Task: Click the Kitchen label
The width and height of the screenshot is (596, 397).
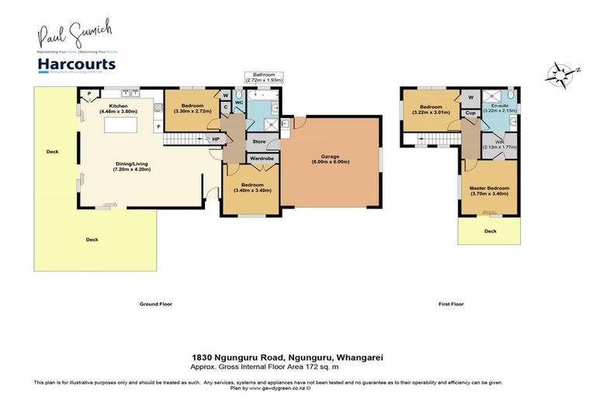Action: (x=118, y=106)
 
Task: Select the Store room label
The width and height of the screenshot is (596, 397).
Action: (x=258, y=142)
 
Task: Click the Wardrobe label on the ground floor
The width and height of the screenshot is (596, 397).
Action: (x=258, y=158)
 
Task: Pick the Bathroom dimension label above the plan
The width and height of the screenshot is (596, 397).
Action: (x=263, y=77)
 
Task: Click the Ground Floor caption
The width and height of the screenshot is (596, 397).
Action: (x=155, y=304)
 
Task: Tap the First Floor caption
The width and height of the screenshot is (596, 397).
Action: (x=451, y=304)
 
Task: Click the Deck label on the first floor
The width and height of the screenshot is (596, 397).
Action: (x=490, y=230)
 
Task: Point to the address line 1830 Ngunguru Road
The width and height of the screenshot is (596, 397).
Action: (x=288, y=357)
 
